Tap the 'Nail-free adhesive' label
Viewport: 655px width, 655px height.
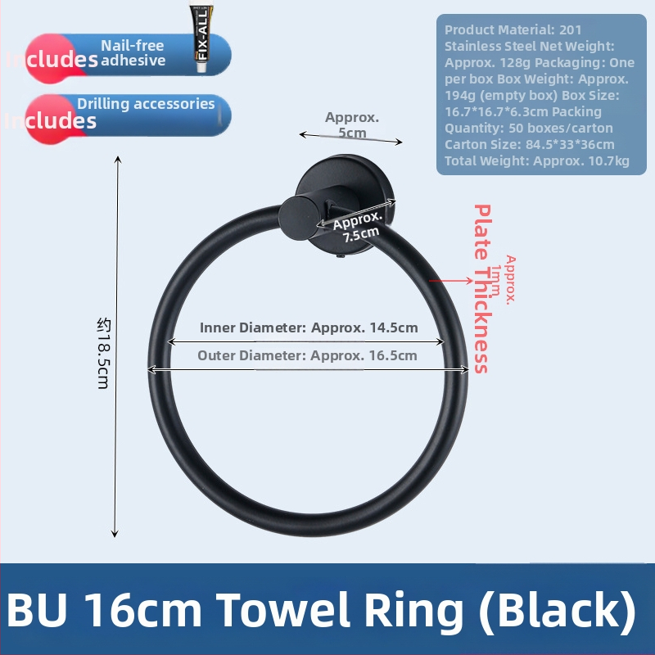tap(133, 52)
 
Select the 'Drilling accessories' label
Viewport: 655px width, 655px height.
tap(146, 104)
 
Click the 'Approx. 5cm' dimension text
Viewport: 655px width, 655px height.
tap(352, 124)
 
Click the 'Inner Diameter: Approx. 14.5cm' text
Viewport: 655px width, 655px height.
tap(309, 327)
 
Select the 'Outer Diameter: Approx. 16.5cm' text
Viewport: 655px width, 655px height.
tap(307, 355)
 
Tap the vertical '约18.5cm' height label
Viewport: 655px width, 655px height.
tap(103, 353)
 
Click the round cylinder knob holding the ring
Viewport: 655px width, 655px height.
tap(295, 215)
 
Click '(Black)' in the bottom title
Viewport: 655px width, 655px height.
tap(555, 610)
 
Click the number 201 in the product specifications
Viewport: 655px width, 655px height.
tap(571, 29)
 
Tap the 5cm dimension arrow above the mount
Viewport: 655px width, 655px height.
tap(350, 138)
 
